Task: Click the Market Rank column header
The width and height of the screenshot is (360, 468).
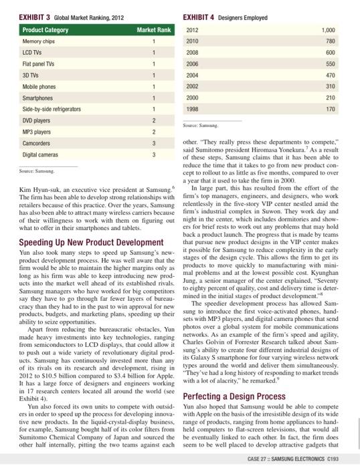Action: tap(154, 30)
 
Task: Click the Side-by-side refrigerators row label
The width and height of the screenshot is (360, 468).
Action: tap(52, 108)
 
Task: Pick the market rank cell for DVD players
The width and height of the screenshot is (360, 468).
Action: tap(154, 120)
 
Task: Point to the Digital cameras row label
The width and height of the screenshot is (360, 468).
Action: tap(41, 154)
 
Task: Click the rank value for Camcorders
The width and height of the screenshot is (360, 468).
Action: tap(154, 142)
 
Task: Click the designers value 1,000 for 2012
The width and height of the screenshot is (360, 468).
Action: tap(327, 30)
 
